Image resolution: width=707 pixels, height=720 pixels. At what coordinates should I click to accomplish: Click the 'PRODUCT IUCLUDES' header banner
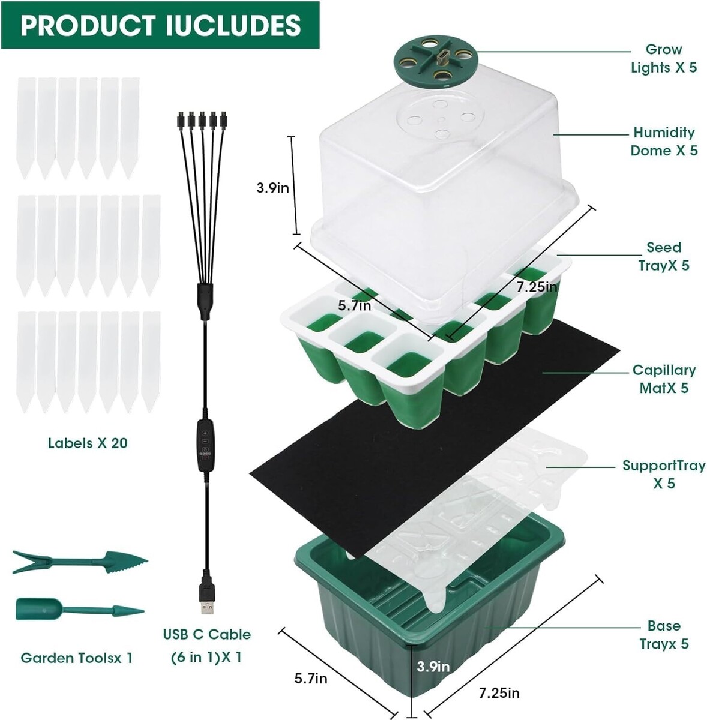[160, 25]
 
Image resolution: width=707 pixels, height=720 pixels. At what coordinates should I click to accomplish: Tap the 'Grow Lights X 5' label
[664, 58]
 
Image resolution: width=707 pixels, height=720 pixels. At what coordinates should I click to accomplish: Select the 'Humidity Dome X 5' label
[664, 141]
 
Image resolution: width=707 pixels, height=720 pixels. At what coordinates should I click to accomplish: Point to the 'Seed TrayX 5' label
[664, 256]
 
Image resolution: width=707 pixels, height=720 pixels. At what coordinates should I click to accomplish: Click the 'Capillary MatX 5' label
[664, 379]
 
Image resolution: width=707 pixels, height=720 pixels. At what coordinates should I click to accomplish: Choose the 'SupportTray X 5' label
[664, 474]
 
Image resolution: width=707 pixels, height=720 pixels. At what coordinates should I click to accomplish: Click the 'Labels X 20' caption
[88, 443]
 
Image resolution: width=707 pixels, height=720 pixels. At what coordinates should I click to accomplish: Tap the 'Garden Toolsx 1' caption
[77, 658]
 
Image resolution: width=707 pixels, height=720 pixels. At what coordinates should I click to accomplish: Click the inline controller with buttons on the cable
[205, 444]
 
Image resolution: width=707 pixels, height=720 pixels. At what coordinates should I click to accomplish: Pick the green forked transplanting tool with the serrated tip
[80, 562]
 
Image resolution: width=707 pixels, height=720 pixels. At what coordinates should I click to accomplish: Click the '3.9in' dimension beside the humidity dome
[272, 187]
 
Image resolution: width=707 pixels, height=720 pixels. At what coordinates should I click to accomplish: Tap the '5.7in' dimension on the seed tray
[355, 305]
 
